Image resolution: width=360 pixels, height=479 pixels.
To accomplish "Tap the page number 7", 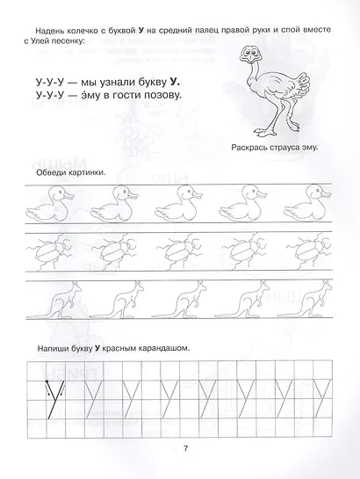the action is tap(185, 451).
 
